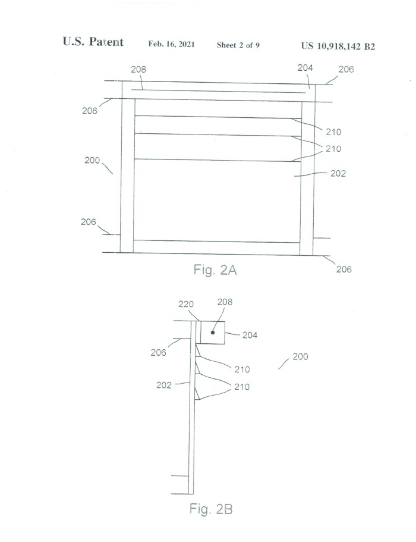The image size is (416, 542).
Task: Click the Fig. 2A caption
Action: click(x=215, y=270)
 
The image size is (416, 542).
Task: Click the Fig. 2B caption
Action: click(x=211, y=509)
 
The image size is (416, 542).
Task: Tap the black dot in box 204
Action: click(x=213, y=333)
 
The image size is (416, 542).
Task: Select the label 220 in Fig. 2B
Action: click(x=186, y=304)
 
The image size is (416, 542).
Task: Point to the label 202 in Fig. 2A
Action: click(x=338, y=173)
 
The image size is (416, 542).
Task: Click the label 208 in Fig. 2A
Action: click(x=138, y=69)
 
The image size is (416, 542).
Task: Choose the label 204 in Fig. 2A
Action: click(x=305, y=68)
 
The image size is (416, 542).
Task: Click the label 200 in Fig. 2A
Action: click(x=92, y=160)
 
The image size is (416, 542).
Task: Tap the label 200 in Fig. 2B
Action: click(x=300, y=356)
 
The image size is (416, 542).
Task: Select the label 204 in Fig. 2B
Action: click(x=250, y=335)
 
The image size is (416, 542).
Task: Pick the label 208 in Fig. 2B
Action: click(x=225, y=302)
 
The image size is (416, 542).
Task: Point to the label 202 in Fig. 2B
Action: click(x=164, y=385)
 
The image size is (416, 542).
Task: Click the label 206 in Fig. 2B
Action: click(x=159, y=352)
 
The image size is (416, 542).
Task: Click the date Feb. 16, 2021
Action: click(x=172, y=44)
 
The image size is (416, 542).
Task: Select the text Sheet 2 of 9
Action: click(x=238, y=45)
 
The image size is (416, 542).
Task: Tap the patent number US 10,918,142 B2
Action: click(x=338, y=46)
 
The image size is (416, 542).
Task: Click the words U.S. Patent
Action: click(x=93, y=42)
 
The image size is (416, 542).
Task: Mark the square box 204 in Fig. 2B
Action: click(x=213, y=333)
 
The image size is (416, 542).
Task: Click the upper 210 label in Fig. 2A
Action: click(x=333, y=131)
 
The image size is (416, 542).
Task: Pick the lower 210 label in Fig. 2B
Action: click(x=242, y=387)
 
